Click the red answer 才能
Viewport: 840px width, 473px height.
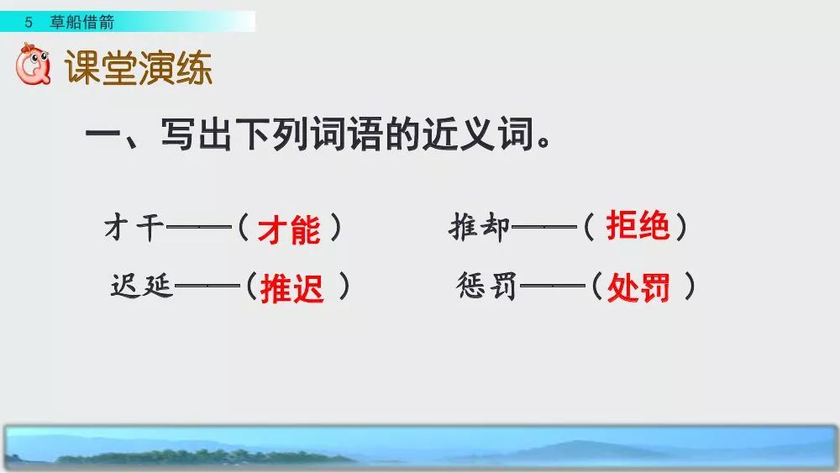tap(289, 229)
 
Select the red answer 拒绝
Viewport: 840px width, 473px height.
tap(638, 226)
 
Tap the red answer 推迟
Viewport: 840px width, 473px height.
tap(291, 289)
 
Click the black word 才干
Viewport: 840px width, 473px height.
tap(134, 228)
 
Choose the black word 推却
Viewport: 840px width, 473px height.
tap(480, 228)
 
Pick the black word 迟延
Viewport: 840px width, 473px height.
tap(141, 287)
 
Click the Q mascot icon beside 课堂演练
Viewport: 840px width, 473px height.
tap(34, 67)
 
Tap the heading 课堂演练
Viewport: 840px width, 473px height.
tap(139, 68)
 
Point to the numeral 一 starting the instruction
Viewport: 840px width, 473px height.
tap(102, 137)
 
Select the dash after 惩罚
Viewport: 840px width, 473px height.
tap(551, 288)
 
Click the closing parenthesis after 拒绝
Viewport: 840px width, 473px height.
tap(681, 227)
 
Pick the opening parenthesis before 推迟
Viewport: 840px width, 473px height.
tap(250, 288)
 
